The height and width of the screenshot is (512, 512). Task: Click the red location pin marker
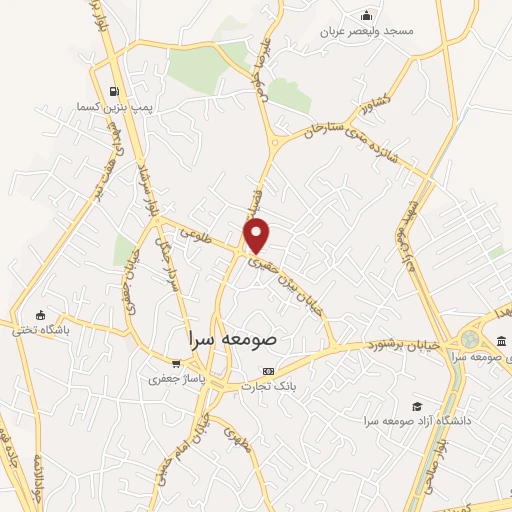click(257, 234)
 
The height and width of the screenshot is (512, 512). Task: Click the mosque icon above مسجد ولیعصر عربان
click(367, 14)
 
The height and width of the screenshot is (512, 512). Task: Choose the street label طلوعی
click(202, 232)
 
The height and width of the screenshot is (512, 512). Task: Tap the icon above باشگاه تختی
click(39, 314)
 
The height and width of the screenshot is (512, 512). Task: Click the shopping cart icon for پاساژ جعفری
click(176, 363)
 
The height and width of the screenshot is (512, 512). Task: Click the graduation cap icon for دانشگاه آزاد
click(404, 406)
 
